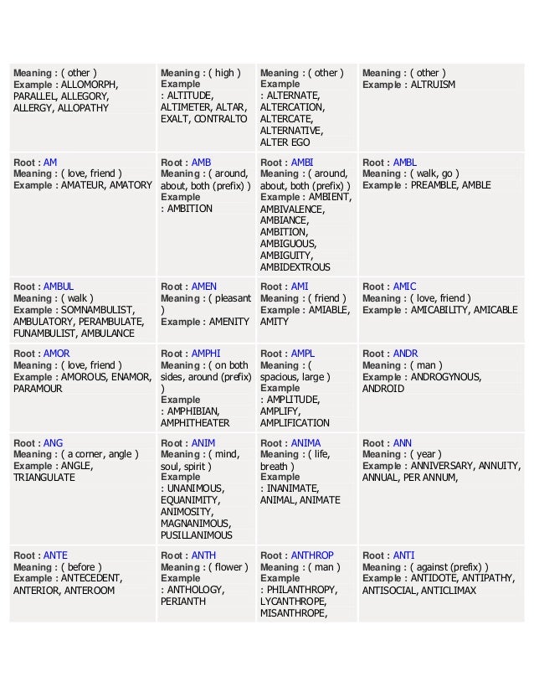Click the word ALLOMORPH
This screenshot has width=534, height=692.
(90, 85)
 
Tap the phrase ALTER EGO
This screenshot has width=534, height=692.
(285, 142)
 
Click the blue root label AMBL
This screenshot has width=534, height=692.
(404, 163)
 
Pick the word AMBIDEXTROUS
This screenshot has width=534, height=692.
(295, 267)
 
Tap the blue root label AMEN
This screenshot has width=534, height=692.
(203, 287)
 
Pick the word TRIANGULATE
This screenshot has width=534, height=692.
(44, 478)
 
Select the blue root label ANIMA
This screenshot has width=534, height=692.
(306, 443)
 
